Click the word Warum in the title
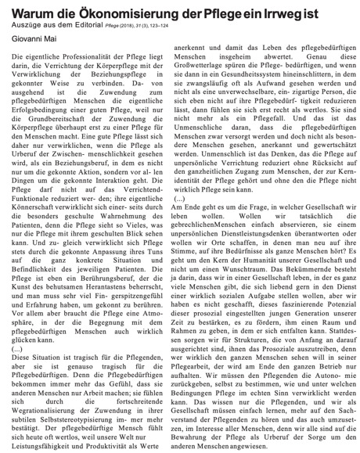[x=29, y=9]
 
